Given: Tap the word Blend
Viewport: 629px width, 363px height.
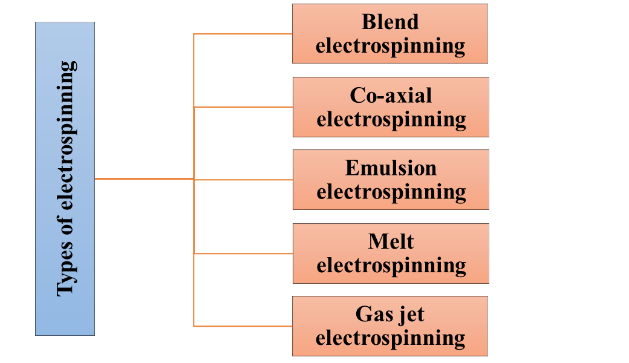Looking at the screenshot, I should coord(390,22).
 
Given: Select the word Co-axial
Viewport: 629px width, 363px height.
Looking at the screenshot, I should coord(391,96).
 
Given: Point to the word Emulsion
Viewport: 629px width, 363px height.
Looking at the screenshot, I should coord(391,168).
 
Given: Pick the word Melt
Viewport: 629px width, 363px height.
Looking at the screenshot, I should coord(391,242).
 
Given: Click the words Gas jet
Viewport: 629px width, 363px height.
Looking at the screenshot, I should coord(390,315).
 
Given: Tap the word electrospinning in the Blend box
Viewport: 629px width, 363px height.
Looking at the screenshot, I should coord(390,46).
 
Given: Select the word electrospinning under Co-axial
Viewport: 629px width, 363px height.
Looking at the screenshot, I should coord(391,119).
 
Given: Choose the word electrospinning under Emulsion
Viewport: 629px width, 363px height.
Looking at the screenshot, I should coord(391,192).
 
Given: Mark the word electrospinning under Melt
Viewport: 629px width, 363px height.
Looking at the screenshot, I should coord(391,265).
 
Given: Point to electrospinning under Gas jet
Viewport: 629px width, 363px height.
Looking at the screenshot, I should coord(390,338).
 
